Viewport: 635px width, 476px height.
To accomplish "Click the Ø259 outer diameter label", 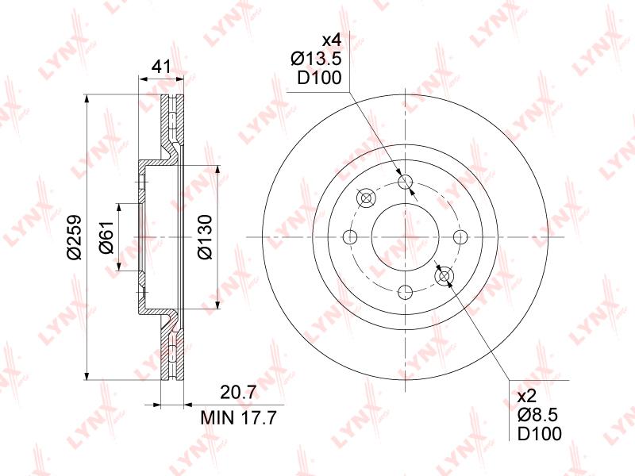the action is (75, 237).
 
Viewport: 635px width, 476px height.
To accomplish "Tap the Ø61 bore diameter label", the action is (107, 237).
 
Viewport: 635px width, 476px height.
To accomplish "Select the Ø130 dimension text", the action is (205, 237).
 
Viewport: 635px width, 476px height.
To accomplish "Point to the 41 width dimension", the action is (161, 67).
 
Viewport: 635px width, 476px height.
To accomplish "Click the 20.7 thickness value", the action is (238, 392).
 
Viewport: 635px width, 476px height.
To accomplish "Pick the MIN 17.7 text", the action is (239, 417).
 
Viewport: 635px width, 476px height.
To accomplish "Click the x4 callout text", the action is (332, 40).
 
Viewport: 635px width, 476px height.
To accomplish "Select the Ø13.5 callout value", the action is (316, 59).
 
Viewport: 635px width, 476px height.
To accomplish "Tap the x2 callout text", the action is (527, 396).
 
